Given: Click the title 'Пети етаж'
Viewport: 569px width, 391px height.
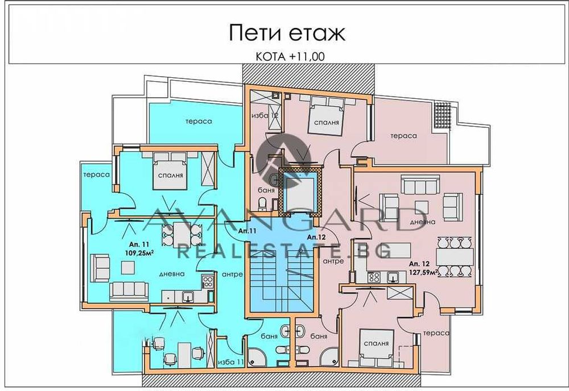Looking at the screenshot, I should tap(287, 32).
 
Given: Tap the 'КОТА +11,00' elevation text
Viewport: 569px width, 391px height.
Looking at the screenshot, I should tap(287, 56).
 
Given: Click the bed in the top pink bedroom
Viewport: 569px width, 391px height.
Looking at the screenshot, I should tap(326, 114).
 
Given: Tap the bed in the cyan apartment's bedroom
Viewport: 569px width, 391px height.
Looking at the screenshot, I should tap(171, 169).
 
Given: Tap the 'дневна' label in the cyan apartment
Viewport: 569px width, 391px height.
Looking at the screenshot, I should tap(172, 273).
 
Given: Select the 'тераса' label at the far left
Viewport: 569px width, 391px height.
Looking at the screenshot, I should tap(96, 174).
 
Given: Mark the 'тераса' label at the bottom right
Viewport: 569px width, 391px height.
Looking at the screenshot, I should tap(439, 332).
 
